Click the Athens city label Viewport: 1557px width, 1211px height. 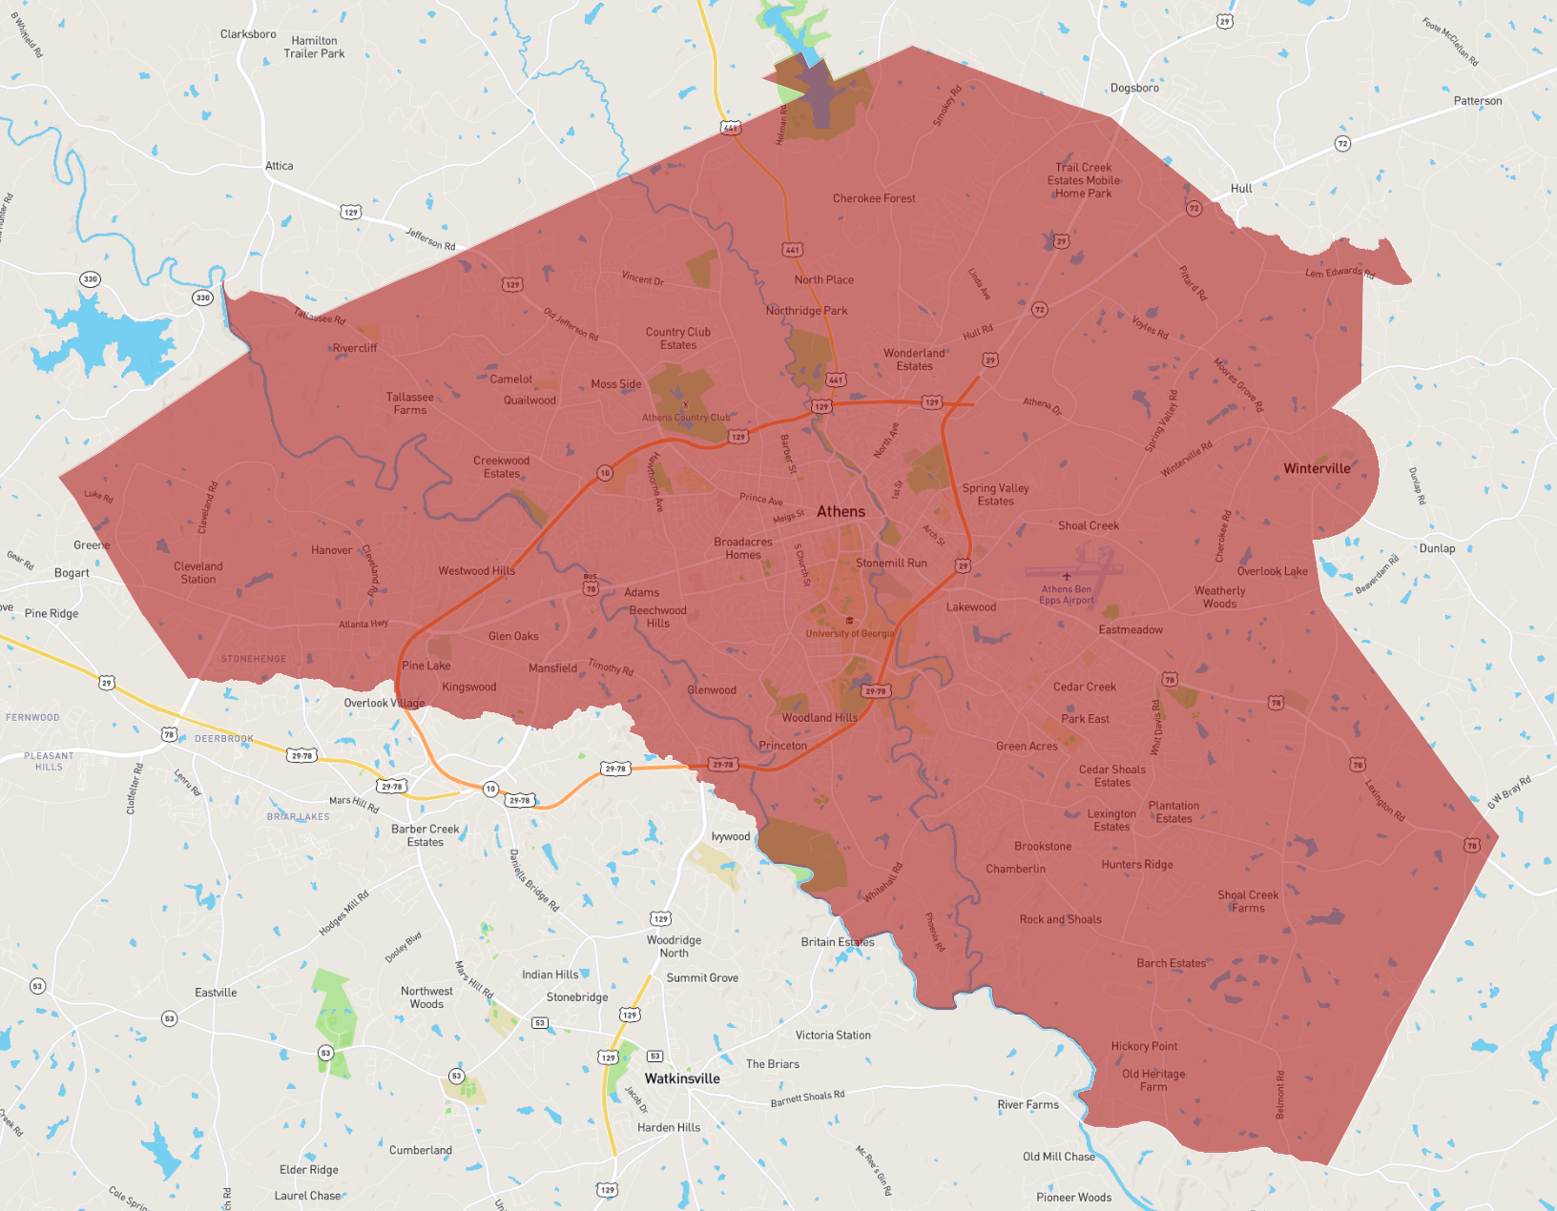(x=841, y=512)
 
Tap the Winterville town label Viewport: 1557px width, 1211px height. (x=1317, y=468)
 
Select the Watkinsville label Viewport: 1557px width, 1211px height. (x=682, y=1078)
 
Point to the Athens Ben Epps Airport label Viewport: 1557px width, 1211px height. (x=1067, y=595)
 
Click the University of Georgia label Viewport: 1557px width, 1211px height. (x=850, y=633)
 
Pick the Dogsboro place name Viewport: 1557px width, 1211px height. (x=1134, y=88)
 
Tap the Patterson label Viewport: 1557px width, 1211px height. (x=1478, y=101)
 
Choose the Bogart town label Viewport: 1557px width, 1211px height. (x=72, y=573)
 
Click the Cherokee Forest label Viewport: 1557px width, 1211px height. (x=874, y=198)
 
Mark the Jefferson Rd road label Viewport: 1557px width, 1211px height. (x=430, y=238)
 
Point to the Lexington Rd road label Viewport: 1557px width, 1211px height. (x=1384, y=801)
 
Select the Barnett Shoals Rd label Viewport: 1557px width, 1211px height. (x=807, y=1099)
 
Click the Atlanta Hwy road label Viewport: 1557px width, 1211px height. (x=363, y=625)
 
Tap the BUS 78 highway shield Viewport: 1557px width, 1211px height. (x=591, y=585)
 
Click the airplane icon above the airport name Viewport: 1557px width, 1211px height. (x=1067, y=576)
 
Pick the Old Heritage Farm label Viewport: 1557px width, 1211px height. (x=1153, y=1080)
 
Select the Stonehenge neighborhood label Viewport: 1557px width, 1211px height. (x=254, y=659)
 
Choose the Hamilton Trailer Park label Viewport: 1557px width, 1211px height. (x=314, y=47)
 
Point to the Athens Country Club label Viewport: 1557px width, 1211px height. (x=686, y=418)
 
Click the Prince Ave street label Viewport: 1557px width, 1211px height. (x=761, y=499)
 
